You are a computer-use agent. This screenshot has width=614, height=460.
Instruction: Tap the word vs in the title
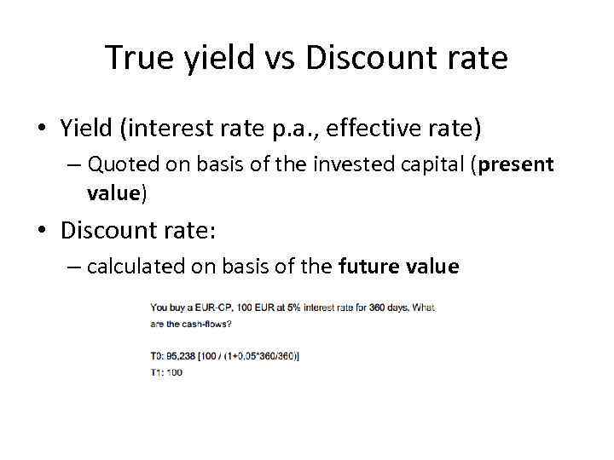pos(279,58)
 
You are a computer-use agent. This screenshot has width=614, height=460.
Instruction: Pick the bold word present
pos(516,164)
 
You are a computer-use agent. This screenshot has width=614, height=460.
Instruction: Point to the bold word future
pos(366,267)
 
